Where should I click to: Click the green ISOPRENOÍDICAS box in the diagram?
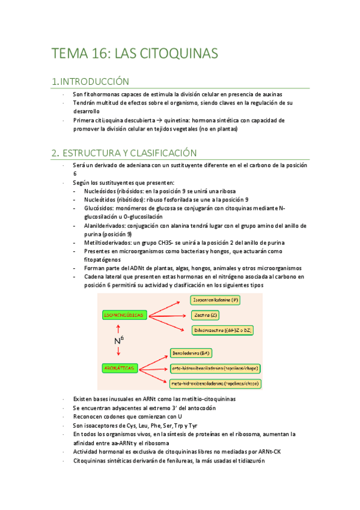(122, 315)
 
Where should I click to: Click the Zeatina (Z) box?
(207, 315)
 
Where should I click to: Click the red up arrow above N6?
(118, 328)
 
